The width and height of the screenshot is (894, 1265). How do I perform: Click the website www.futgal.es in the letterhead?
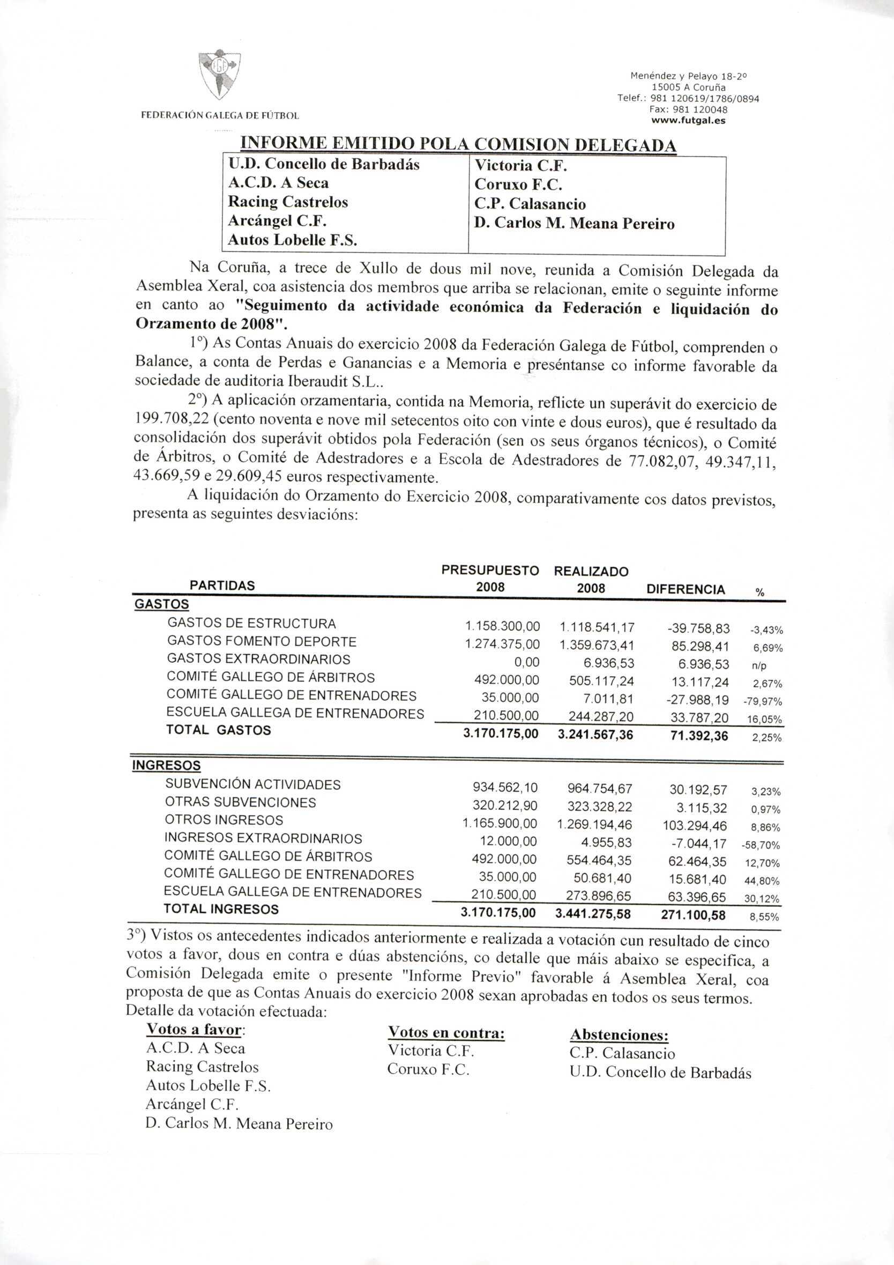[688, 120]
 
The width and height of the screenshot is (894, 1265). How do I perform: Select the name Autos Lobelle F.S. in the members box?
[293, 240]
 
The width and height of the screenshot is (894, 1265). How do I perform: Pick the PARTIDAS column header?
[222, 586]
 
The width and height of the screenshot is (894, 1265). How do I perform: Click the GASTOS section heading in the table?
[161, 604]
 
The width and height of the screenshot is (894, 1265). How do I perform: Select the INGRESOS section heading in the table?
[166, 766]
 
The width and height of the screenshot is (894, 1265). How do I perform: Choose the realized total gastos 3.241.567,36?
[595, 735]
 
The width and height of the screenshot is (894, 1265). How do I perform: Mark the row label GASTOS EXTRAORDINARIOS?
[258, 660]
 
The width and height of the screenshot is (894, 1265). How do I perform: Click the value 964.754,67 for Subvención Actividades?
[599, 788]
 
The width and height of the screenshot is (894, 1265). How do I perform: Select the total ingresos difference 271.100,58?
[693, 915]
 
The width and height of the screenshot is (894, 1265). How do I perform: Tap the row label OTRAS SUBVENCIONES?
[240, 802]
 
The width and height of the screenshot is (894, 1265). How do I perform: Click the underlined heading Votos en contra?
[446, 1033]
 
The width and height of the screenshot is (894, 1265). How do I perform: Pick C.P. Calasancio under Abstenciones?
[622, 1053]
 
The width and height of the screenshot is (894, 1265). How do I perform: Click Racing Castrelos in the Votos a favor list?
[202, 1067]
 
